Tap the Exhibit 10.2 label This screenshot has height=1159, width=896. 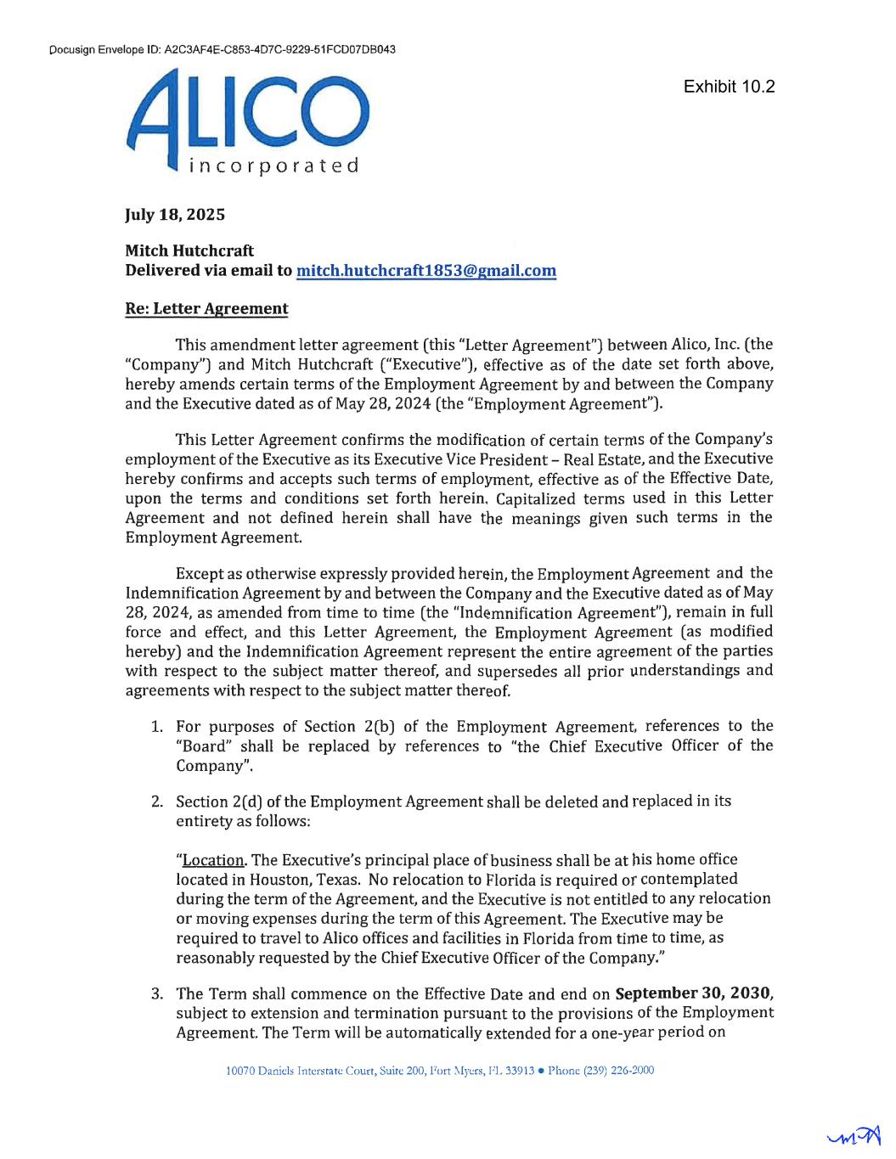(x=729, y=87)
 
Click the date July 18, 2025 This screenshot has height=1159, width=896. (x=175, y=215)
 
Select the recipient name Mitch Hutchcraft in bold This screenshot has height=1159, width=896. (x=189, y=250)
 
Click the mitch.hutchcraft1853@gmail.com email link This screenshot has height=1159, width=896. (x=425, y=271)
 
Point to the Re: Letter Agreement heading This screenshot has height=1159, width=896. (x=206, y=309)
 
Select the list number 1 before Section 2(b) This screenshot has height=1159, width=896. (x=156, y=727)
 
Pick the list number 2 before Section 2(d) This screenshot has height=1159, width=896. (x=156, y=802)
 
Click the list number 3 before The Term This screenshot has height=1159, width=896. (x=156, y=994)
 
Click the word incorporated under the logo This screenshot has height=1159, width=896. (x=273, y=166)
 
